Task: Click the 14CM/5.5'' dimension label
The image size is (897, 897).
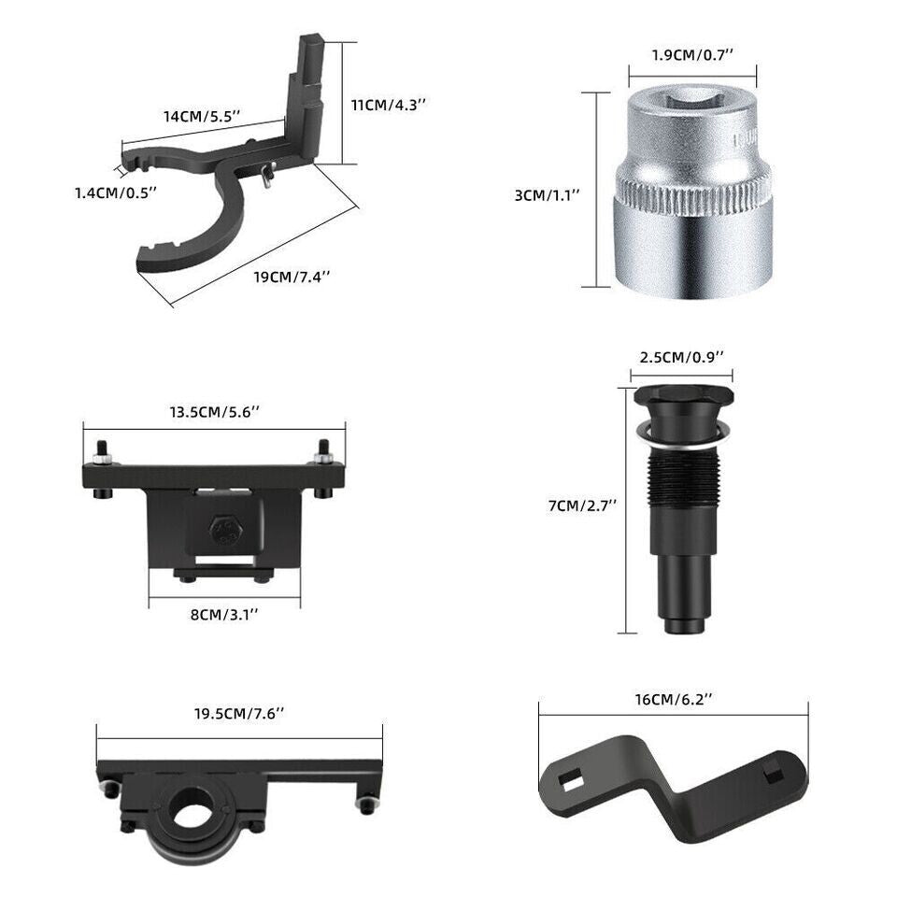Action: (202, 117)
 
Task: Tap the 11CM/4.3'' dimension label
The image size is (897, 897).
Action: (389, 106)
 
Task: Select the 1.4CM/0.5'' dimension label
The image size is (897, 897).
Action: (116, 192)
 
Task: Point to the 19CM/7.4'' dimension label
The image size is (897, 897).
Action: (292, 277)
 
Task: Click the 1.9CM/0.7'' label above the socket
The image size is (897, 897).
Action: (692, 55)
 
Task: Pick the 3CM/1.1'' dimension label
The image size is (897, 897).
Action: (548, 195)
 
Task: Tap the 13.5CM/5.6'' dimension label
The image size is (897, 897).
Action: (215, 412)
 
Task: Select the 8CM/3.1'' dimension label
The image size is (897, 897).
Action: (224, 615)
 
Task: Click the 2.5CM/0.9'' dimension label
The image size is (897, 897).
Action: (682, 358)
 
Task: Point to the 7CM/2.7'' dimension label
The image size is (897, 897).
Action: (583, 505)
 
